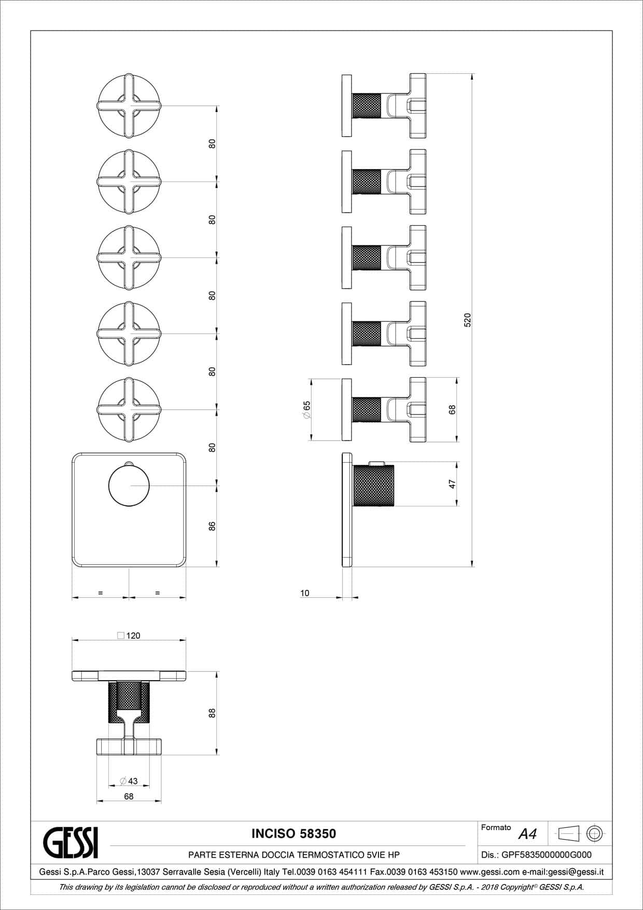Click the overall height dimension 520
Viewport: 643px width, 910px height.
(467, 320)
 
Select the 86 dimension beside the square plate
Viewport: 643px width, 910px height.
(212, 526)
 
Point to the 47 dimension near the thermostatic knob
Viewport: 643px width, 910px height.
(452, 484)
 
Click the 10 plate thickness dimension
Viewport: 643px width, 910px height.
(304, 593)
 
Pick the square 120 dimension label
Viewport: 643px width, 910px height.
(129, 636)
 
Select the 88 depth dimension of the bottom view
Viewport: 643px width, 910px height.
(212, 713)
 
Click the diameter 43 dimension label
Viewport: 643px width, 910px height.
(129, 781)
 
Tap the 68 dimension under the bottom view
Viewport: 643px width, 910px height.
(129, 796)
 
